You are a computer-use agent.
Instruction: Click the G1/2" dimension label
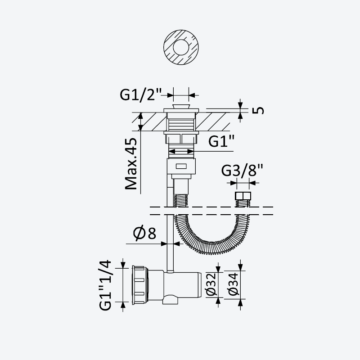point(140,94)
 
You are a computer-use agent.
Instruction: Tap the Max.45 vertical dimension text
point(131,164)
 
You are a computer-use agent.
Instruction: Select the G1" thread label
point(221,141)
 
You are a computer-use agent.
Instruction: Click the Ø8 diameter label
point(144,233)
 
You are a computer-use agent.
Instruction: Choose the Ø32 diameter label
point(211,284)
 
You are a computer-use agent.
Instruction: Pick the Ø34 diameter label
point(234,284)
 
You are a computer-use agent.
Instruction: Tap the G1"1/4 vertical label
point(105,285)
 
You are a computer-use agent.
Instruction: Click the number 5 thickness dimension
point(258,110)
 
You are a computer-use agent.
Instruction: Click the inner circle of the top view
point(181,47)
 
